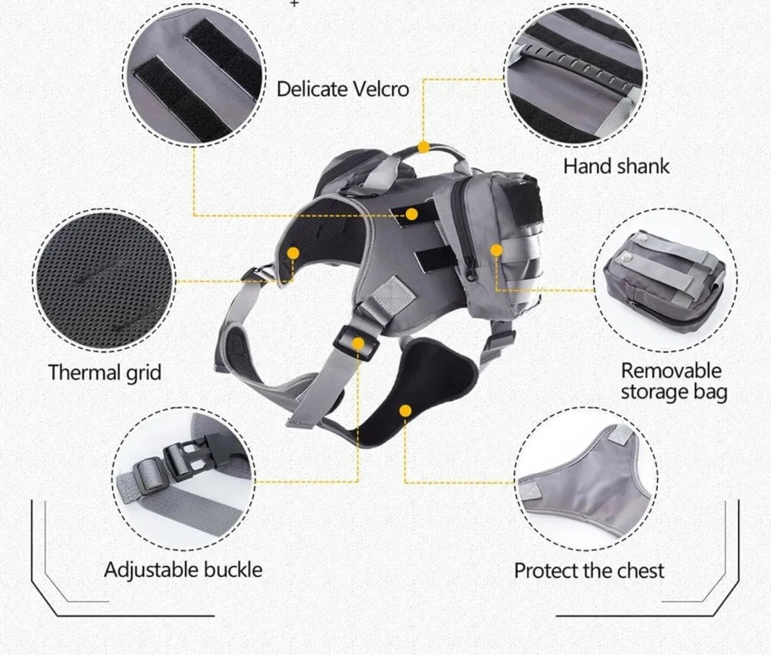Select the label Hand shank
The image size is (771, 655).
pyautogui.click(x=616, y=166)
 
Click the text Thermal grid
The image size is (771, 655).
pyautogui.click(x=105, y=373)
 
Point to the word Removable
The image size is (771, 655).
pyautogui.click(x=671, y=371)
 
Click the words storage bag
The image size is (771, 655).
pyautogui.click(x=674, y=393)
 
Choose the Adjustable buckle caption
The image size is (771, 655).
pyautogui.click(x=183, y=570)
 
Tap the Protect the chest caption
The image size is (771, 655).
pyautogui.click(x=589, y=571)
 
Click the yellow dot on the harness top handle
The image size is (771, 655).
pyautogui.click(x=423, y=147)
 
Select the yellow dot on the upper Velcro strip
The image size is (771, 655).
pyautogui.click(x=411, y=214)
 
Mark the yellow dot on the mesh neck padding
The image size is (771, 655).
pyautogui.click(x=293, y=253)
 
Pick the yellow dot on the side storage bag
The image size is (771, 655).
pyautogui.click(x=496, y=251)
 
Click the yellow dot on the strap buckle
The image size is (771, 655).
pyautogui.click(x=358, y=343)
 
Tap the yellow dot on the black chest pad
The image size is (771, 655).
pyautogui.click(x=405, y=411)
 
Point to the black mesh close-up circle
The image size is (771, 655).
pyautogui.click(x=103, y=280)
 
